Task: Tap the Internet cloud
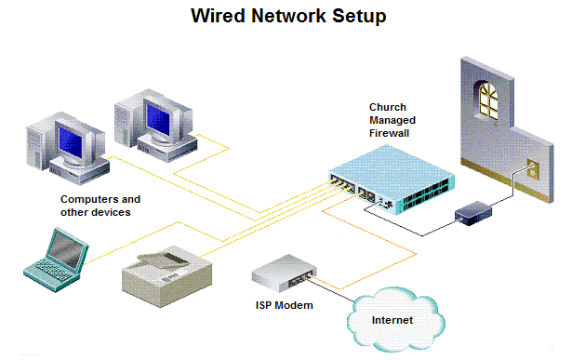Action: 392,321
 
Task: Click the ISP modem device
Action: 285,272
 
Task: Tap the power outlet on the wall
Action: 532,169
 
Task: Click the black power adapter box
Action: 473,213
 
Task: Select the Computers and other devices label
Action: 100,206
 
